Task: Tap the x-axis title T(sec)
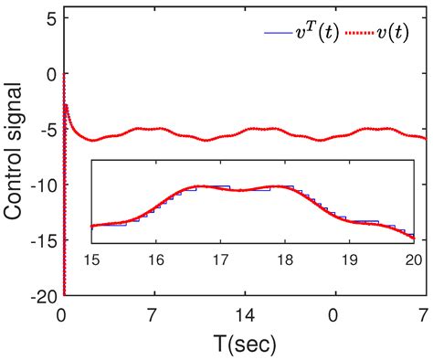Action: pos(243,344)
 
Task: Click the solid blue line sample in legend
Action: pos(278,34)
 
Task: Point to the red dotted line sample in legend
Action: pos(360,34)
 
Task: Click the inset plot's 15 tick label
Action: pos(92,259)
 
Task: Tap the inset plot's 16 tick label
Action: pos(156,259)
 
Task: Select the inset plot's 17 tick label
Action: pos(221,259)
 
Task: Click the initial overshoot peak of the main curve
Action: pos(66,105)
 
